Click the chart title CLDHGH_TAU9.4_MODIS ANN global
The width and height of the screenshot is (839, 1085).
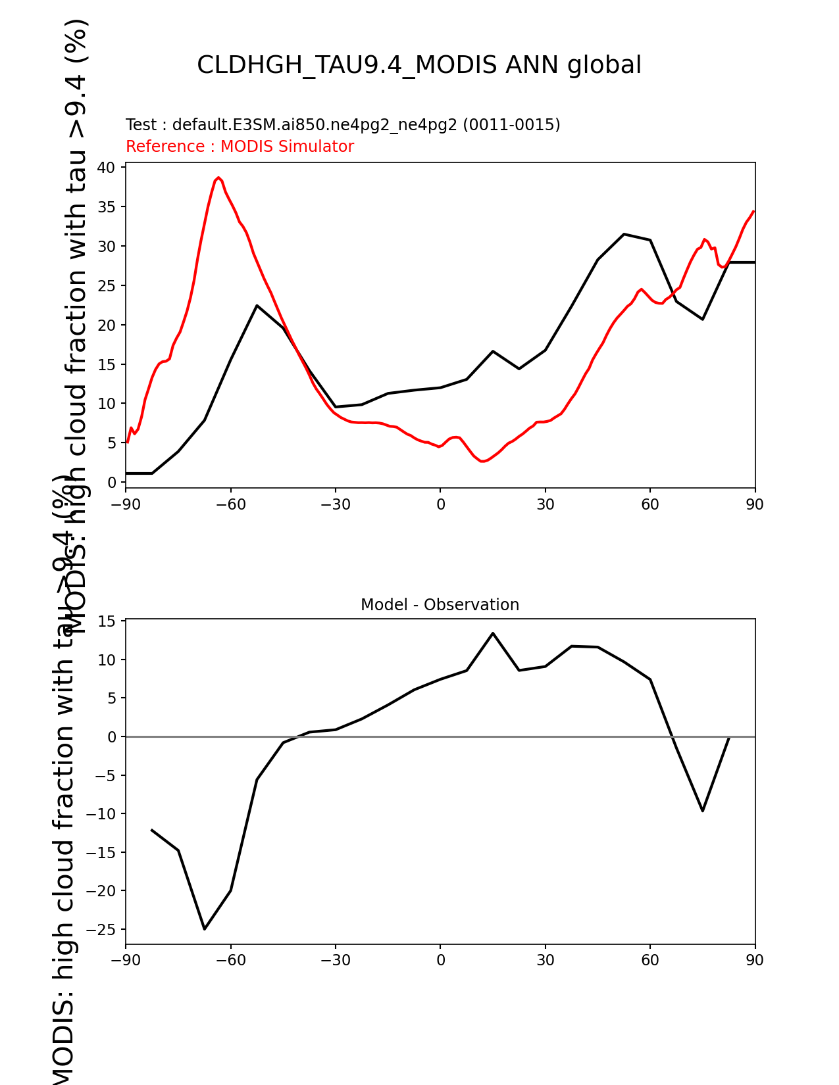pos(419,65)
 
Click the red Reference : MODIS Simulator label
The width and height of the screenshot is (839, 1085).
pos(240,147)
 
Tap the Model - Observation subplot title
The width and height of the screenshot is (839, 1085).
pos(440,605)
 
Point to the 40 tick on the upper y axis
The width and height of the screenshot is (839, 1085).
pos(107,168)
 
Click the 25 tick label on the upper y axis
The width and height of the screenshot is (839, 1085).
pos(107,286)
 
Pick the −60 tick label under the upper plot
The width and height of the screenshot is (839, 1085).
pos(230,504)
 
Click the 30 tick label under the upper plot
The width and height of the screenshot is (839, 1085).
pos(545,504)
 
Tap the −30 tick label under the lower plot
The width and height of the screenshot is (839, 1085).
pos(335,960)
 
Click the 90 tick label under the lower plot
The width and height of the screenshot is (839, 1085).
pos(755,960)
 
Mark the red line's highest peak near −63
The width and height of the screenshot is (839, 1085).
pos(219,178)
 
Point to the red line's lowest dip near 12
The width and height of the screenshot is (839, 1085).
pos(482,461)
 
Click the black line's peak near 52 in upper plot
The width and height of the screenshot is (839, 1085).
pos(624,234)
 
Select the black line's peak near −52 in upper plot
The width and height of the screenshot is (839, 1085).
pos(257,306)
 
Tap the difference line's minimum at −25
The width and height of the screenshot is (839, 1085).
pos(205,928)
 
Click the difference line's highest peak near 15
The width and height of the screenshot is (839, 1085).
pos(493,633)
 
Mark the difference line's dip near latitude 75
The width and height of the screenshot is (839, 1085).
pos(703,810)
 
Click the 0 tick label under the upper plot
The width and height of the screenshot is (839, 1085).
pos(440,504)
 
